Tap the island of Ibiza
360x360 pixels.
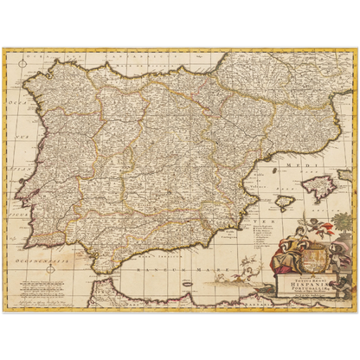pyautogui.click(x=286, y=204)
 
